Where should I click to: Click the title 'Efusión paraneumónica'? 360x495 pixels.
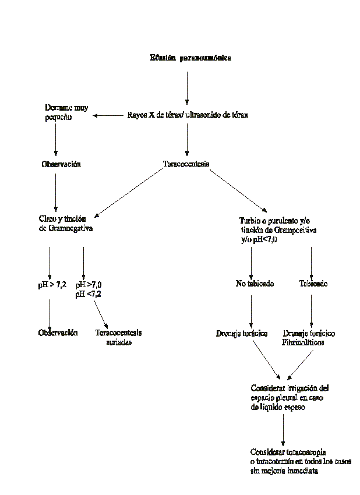[x=190, y=58]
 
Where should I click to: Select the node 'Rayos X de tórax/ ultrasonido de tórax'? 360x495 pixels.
[x=188, y=115]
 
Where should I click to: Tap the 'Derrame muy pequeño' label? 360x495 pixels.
[x=66, y=112]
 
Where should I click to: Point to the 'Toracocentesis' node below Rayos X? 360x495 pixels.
[x=186, y=164]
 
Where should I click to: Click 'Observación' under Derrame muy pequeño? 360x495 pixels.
[x=61, y=164]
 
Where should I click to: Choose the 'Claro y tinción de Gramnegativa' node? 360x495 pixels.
[x=66, y=224]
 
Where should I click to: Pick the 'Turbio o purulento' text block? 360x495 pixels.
[x=278, y=229]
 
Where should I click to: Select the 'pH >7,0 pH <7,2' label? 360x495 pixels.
[x=93, y=289]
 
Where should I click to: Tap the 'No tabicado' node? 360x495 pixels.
[x=255, y=284]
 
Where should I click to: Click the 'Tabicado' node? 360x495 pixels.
[x=313, y=284]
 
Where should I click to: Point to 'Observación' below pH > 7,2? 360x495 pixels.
[x=58, y=333]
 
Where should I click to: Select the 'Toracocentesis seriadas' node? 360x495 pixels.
[x=118, y=337]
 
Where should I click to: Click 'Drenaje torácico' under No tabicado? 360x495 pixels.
[x=242, y=333]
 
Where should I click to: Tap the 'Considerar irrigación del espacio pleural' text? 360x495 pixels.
[x=290, y=397]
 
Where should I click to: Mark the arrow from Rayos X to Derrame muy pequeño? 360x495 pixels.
[x=108, y=115]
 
